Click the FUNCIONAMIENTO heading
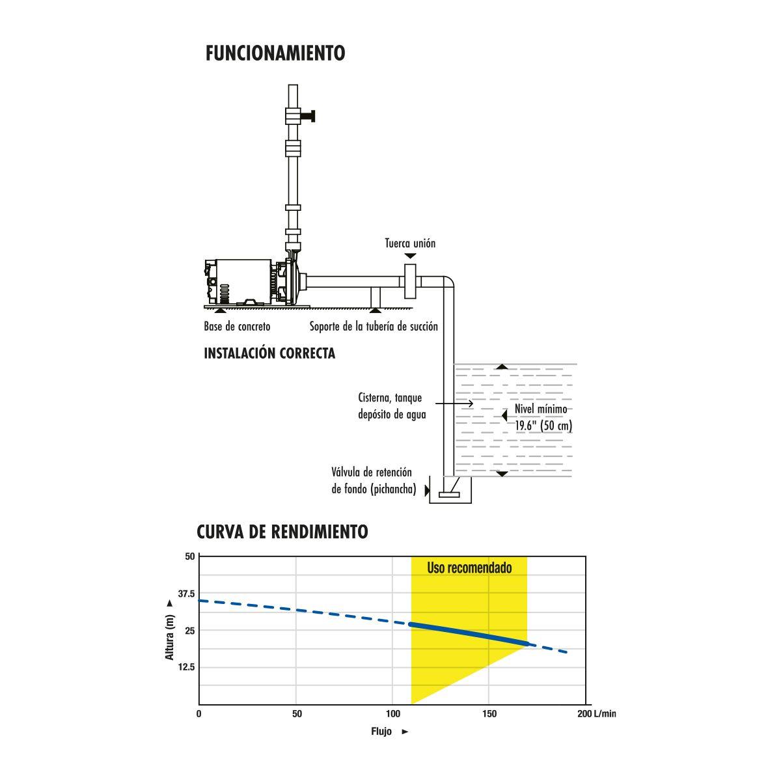pyautogui.click(x=275, y=53)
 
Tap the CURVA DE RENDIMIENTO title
pyautogui.click(x=282, y=532)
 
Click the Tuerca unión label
pyautogui.click(x=409, y=243)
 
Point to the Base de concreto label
pyautogui.click(x=237, y=326)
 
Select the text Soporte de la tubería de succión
pyautogui.click(x=374, y=326)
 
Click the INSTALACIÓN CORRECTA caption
pyautogui.click(x=269, y=353)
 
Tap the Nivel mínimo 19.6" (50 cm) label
pyautogui.click(x=543, y=418)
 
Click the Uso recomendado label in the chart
pyautogui.click(x=469, y=568)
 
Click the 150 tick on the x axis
pyautogui.click(x=489, y=714)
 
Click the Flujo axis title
pyautogui.click(x=382, y=732)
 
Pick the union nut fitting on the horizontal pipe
pyautogui.click(x=410, y=281)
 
